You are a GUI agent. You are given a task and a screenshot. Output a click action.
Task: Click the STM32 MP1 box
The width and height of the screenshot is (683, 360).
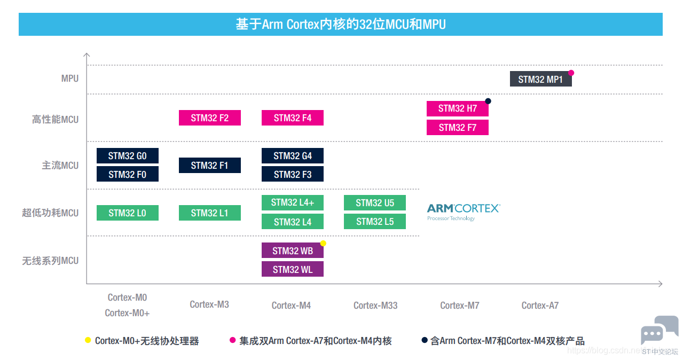[540, 79]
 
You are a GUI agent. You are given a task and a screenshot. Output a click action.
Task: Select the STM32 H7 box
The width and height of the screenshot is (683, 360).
[457, 108]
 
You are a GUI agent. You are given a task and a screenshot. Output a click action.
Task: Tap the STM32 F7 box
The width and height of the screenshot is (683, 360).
[457, 127]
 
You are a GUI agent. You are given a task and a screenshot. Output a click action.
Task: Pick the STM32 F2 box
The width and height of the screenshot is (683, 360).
[210, 118]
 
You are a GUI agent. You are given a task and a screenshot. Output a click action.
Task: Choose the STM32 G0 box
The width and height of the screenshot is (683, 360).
[128, 155]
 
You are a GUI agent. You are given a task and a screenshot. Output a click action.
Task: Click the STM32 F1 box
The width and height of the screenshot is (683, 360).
[210, 166]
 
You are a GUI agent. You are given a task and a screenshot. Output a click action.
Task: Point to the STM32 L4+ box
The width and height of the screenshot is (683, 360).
[293, 202]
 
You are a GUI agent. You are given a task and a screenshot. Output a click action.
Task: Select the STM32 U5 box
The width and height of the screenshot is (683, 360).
[375, 202]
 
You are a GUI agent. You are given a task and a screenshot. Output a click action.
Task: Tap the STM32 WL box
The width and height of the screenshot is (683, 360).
[293, 269]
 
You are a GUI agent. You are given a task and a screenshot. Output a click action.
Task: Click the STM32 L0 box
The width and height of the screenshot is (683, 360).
[128, 213]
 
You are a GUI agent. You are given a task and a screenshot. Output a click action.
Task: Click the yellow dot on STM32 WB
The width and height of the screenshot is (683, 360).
[323, 243]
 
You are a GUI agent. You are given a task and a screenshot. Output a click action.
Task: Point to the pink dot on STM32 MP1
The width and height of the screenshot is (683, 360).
[571, 73]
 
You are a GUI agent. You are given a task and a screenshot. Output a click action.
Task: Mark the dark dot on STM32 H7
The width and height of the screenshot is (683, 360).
[488, 101]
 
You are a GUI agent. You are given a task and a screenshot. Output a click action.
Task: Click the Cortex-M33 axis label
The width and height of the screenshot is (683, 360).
[375, 306]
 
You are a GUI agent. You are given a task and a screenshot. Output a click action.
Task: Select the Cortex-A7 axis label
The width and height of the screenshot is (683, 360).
[540, 306]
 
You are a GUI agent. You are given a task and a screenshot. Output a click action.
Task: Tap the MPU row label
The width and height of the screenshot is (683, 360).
[70, 79]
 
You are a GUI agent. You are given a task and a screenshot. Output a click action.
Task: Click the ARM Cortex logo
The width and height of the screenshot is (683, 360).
[464, 212]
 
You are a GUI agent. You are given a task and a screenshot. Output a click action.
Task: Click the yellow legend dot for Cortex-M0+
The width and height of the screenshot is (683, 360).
[88, 340]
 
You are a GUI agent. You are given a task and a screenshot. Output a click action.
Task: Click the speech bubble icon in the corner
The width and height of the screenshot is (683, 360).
[660, 330]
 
